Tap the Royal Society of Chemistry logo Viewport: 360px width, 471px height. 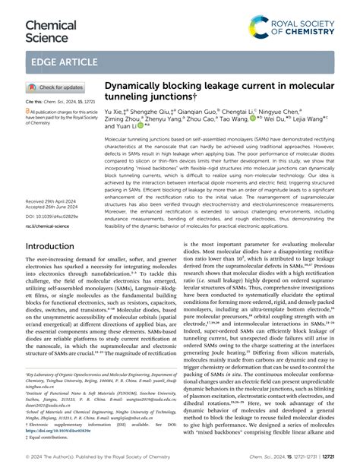tap(300, 30)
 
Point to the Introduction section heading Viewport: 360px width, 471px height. tap(60, 246)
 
